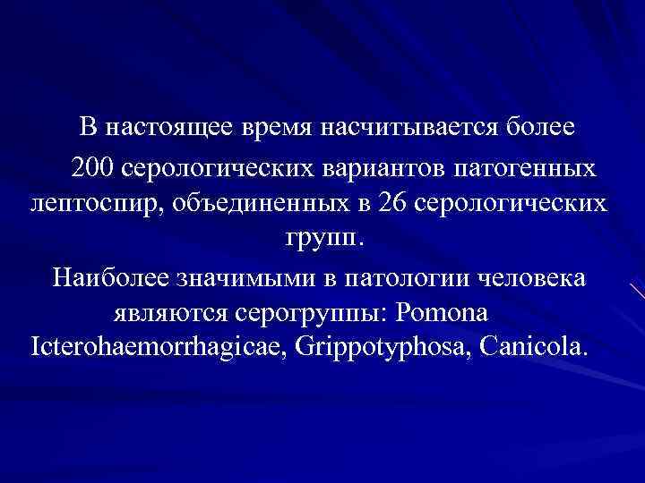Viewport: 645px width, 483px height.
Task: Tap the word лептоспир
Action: pyautogui.click(x=90, y=203)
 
